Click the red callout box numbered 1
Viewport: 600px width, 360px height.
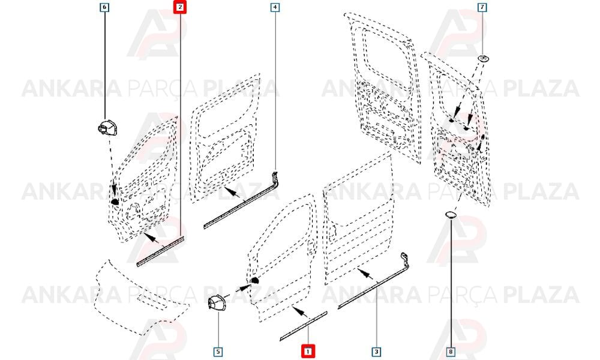coord(308,351)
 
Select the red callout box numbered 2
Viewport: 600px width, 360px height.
coord(180,7)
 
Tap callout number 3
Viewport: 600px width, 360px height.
coord(376,351)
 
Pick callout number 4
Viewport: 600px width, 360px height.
coord(275,7)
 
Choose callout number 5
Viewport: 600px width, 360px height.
coord(218,351)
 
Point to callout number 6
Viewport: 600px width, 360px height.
coord(104,7)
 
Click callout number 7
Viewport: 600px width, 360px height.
coord(482,7)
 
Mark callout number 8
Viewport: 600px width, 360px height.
coord(451,351)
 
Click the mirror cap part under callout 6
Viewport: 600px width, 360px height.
coord(107,128)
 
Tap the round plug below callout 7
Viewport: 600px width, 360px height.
coord(484,59)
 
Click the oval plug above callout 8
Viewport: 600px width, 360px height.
coord(451,215)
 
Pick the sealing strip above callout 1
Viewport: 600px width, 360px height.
coord(304,326)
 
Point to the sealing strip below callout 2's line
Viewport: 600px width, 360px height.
coord(161,251)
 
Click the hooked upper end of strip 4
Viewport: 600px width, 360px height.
coord(275,178)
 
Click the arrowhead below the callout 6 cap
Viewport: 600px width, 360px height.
coord(113,190)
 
